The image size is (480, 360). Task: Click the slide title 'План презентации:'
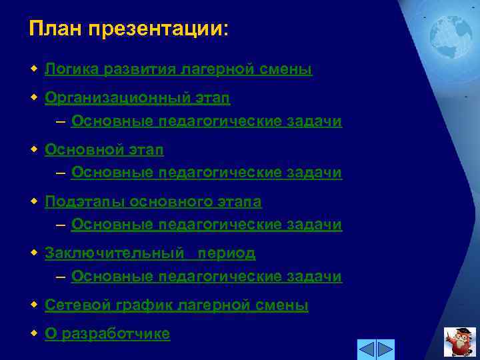[x=129, y=29]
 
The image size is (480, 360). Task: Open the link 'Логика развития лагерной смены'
[x=178, y=69]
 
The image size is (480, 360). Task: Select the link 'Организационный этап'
[x=137, y=99]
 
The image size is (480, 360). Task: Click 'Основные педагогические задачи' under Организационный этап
[x=206, y=121]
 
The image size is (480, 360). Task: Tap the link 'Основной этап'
[x=104, y=150]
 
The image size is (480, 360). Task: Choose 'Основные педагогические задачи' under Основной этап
[x=206, y=173]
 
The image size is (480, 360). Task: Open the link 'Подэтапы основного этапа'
[x=153, y=201]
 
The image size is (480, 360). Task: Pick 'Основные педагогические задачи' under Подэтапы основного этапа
[x=206, y=225]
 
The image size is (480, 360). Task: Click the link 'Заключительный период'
[x=150, y=253]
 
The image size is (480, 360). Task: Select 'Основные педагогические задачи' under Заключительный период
[x=206, y=276]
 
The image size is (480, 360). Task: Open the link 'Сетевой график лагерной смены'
[x=176, y=305]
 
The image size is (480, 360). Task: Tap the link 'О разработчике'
[x=107, y=333]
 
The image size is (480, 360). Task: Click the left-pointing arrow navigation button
[x=366, y=349]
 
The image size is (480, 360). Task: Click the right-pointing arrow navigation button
[x=386, y=349]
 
